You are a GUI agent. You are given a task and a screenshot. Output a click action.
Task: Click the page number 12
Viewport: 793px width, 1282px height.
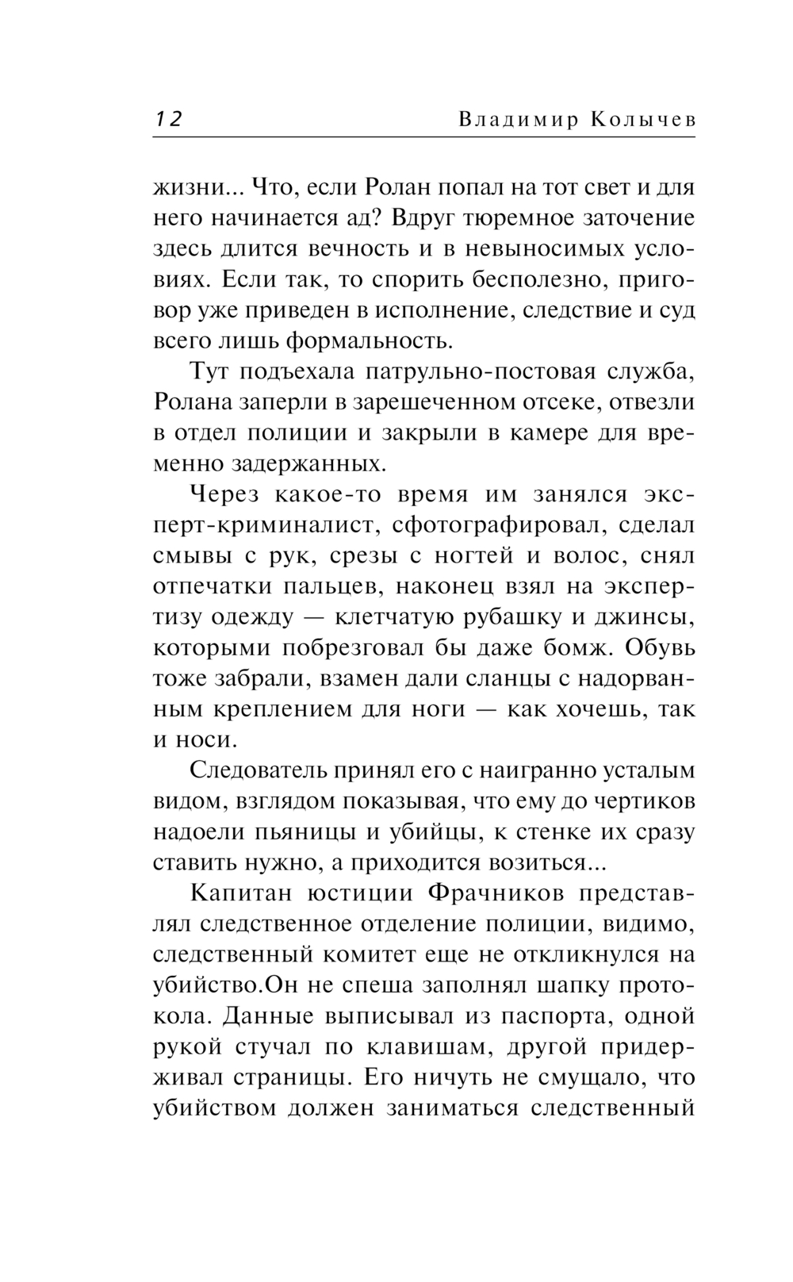(167, 119)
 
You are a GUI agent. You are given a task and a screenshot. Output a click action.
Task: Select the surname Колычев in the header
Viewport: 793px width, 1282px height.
(643, 119)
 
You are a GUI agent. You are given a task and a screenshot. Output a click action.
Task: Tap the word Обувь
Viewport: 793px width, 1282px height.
(660, 647)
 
